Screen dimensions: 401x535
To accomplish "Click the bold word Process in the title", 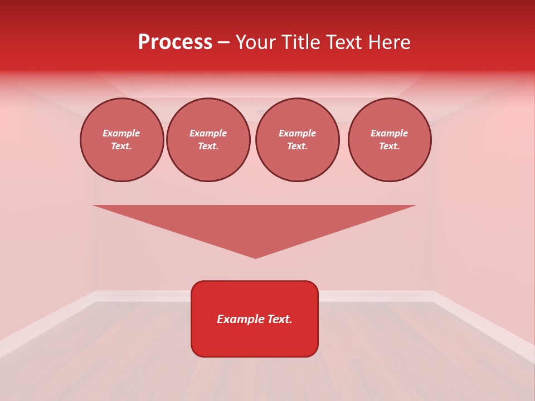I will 175,42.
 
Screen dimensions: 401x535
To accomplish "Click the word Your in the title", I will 256,42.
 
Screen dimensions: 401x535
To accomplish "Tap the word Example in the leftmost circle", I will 121,133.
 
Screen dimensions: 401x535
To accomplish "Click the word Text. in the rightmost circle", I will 390,146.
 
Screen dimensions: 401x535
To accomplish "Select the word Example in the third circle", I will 298,133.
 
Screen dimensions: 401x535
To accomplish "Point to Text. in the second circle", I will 208,146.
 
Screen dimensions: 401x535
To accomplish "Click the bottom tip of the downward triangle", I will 256,257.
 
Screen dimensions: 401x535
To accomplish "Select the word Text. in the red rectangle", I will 280,319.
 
